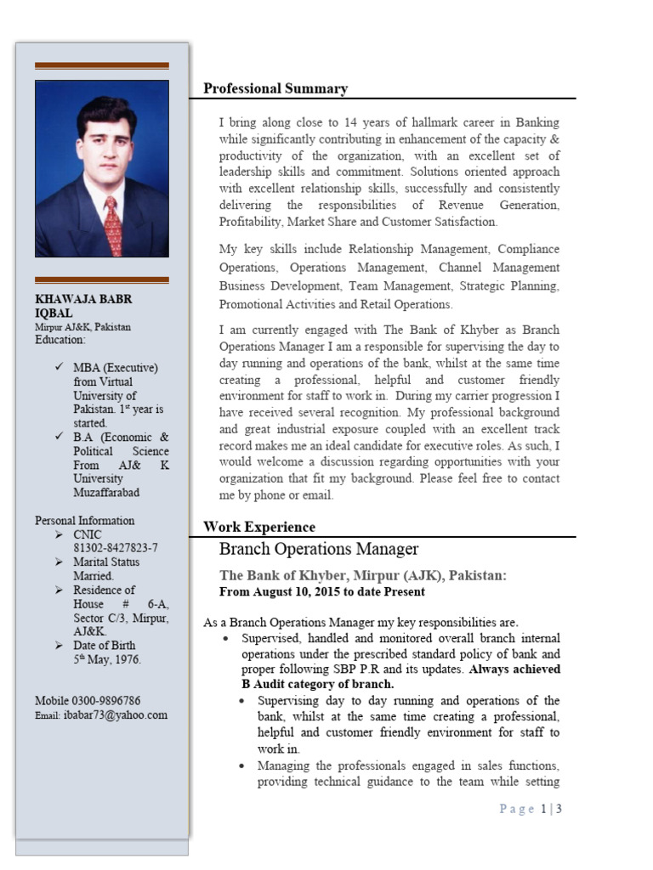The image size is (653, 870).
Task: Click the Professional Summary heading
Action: (275, 89)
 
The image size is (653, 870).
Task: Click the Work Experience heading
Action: (258, 528)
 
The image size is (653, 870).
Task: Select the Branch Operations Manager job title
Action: (319, 550)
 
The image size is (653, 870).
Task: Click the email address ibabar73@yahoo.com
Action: (115, 715)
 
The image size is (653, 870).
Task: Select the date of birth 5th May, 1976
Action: (107, 659)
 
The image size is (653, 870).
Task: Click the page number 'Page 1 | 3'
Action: (531, 809)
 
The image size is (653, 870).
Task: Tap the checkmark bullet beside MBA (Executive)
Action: (58, 368)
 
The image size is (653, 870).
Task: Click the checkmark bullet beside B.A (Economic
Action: (58, 438)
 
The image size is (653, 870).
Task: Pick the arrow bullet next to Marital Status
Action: (58, 562)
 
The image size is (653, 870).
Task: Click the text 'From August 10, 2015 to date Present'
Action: (322, 591)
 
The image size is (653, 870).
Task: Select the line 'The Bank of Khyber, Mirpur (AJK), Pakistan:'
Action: (363, 576)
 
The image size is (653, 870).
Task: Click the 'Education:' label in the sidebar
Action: (60, 340)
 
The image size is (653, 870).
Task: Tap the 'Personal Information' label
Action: (84, 521)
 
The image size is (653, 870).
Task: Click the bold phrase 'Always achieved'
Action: (514, 669)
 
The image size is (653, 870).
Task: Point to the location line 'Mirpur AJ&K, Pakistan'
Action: (82, 327)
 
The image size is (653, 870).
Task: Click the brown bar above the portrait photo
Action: (101, 65)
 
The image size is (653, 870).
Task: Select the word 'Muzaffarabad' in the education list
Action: (106, 493)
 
